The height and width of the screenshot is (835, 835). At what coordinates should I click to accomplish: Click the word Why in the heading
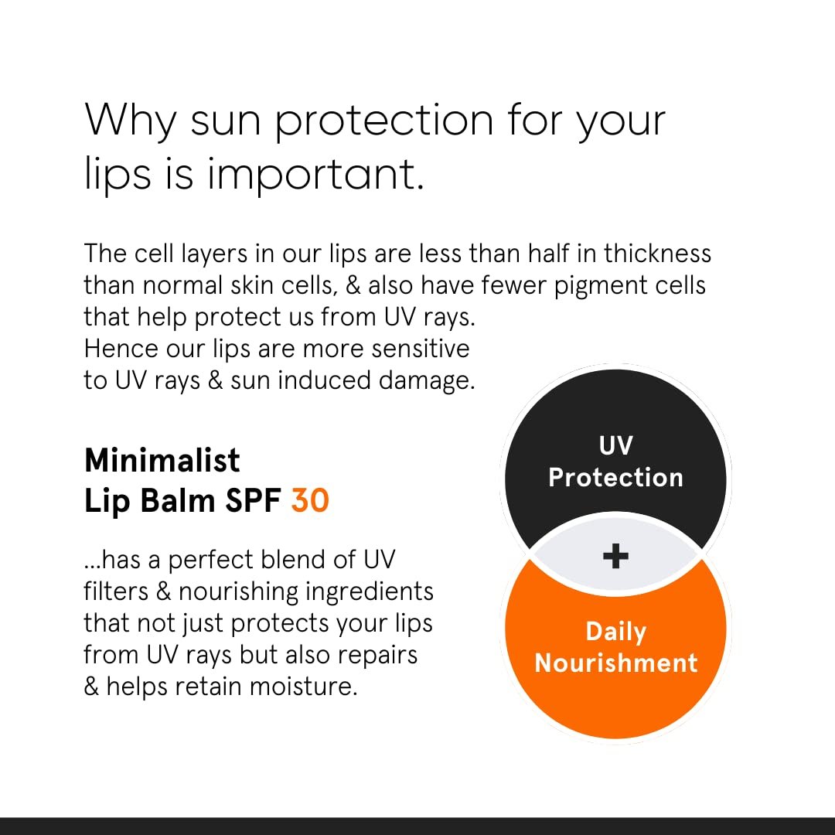click(130, 120)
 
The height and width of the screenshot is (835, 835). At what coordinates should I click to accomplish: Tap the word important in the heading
click(315, 175)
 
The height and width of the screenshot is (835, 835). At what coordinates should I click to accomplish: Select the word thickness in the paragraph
click(658, 253)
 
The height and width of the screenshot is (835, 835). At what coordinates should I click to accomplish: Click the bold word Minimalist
click(162, 461)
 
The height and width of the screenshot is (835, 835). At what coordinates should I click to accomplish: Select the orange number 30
click(311, 501)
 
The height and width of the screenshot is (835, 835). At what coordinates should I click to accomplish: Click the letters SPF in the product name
click(252, 501)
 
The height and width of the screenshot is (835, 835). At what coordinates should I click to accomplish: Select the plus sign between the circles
click(615, 556)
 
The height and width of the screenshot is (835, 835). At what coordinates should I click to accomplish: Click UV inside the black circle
click(615, 445)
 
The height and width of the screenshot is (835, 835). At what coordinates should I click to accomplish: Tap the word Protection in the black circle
click(615, 477)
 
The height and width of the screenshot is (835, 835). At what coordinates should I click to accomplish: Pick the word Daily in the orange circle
click(615, 632)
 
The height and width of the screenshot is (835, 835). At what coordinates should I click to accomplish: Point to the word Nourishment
click(615, 663)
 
